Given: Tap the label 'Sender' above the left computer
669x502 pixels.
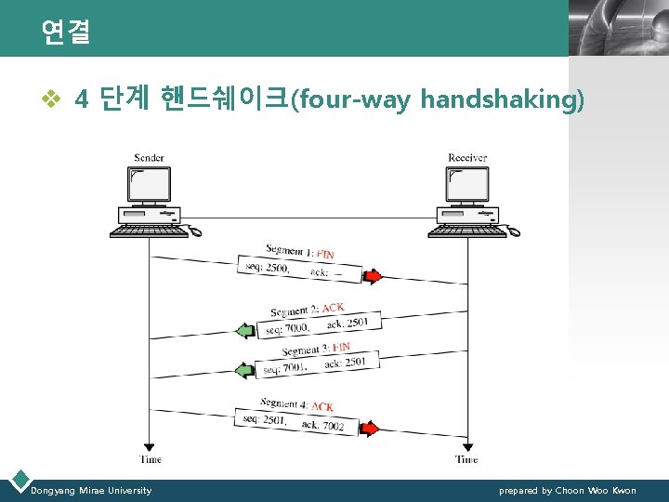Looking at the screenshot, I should point(150,158).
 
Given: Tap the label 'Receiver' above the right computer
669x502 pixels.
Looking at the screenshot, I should point(467,158).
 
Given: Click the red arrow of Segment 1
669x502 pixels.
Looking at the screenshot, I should point(372,276).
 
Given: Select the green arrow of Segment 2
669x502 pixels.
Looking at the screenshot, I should point(245,330).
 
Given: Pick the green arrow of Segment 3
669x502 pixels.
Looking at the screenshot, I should point(245,370).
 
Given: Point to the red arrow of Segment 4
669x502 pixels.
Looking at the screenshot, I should point(370,429).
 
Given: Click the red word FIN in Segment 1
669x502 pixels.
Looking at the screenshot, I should point(326,254).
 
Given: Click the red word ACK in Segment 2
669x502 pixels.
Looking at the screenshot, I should point(333,308).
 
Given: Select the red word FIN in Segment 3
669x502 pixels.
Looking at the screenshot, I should point(341,347).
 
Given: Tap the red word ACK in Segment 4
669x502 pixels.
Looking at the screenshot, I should point(322,407).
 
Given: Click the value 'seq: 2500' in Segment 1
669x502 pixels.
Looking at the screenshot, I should point(267,268).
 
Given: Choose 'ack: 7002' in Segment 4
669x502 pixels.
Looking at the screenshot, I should point(322,426).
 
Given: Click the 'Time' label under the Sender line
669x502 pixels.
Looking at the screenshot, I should point(151,459).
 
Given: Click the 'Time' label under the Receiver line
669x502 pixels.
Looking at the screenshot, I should point(467,459).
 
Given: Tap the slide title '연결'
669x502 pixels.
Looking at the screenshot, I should point(65,33).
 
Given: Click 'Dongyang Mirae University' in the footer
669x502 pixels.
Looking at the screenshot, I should point(91,490).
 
